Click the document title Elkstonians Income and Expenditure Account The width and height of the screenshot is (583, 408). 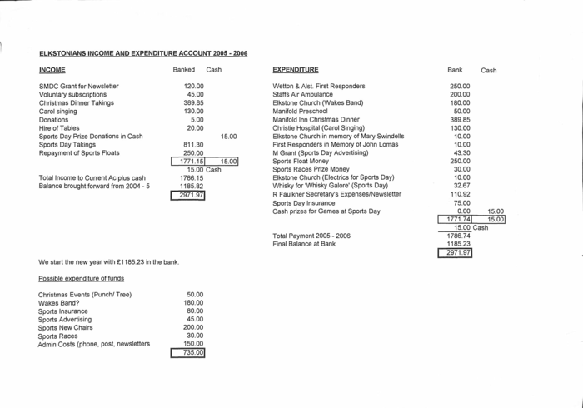(142, 53)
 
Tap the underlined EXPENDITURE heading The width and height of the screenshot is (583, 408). (295, 70)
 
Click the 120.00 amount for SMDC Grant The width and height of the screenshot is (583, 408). (193, 86)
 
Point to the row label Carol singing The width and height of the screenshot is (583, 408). (57, 111)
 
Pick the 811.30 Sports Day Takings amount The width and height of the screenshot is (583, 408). (193, 144)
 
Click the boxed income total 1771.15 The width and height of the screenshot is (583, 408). (192, 161)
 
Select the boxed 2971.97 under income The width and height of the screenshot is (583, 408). (187, 195)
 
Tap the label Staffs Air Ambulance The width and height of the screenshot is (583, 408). (303, 94)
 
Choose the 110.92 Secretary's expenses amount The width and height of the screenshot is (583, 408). (460, 194)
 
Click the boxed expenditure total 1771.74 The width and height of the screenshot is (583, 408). (458, 219)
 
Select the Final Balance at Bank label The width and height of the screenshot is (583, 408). (304, 244)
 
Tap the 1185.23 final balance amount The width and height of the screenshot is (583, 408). (458, 244)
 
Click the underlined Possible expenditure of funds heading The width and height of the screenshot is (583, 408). (81, 278)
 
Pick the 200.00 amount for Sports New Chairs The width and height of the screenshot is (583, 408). (193, 327)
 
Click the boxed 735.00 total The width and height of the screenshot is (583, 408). (188, 353)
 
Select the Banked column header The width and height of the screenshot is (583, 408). (183, 70)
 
